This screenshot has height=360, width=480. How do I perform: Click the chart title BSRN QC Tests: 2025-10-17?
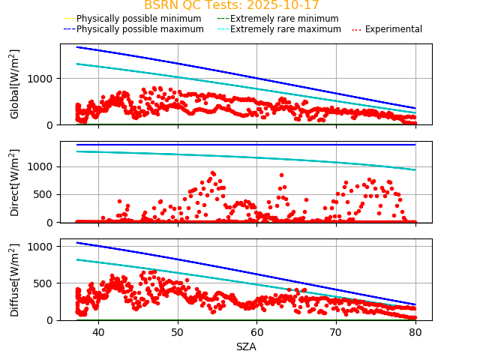pyautogui.click(x=231, y=6)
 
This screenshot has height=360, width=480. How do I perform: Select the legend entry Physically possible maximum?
pyautogui.click(x=139, y=29)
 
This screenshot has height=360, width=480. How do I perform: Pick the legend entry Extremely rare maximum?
pyautogui.click(x=286, y=29)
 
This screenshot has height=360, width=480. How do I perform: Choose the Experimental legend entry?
pyautogui.click(x=393, y=29)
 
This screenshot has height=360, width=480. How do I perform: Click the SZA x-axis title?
pyautogui.click(x=246, y=346)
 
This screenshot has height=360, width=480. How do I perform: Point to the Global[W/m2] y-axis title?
pyautogui.click(x=15, y=84)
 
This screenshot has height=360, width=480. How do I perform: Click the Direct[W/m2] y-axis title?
pyautogui.click(x=15, y=182)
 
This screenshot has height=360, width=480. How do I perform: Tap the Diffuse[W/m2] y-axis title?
pyautogui.click(x=15, y=280)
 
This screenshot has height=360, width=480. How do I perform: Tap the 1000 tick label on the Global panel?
pyautogui.click(x=43, y=79)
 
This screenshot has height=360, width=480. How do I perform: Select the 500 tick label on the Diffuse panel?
pyautogui.click(x=46, y=283)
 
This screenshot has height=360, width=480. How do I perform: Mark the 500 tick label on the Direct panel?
pyautogui.click(x=46, y=194)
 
